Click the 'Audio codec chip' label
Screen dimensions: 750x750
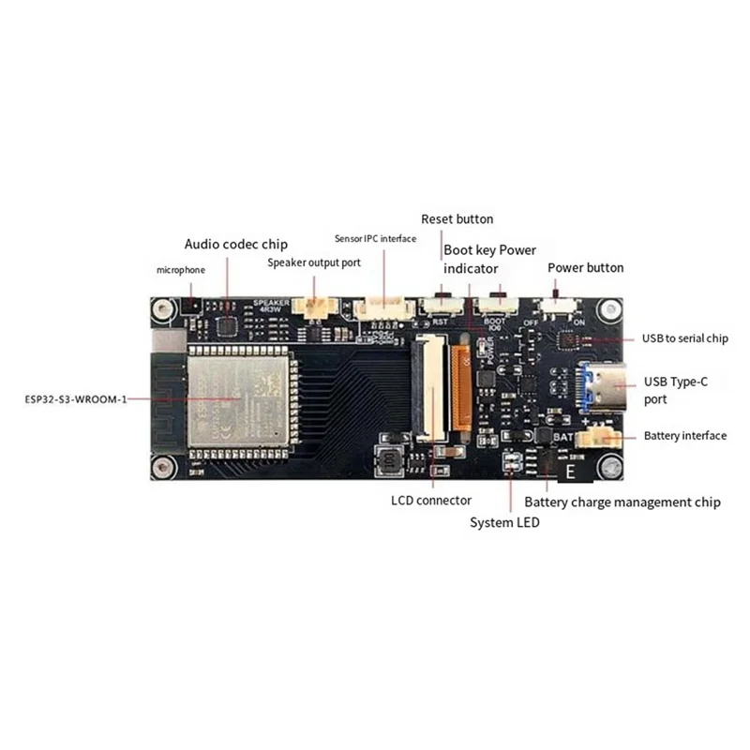coord(236,244)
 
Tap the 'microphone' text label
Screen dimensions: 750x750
coord(180,270)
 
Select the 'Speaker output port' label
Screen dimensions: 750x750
coord(314,262)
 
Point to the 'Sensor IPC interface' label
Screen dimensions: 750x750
coord(375,239)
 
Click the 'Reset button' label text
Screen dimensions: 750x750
coord(457,219)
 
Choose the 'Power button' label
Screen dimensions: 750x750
coord(585,267)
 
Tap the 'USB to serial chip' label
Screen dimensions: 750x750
coord(684,338)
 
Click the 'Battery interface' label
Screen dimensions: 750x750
coord(684,436)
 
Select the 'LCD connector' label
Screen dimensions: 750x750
coord(431,501)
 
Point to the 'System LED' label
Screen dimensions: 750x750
coord(504,522)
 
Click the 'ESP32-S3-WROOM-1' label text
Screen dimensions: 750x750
coord(76,398)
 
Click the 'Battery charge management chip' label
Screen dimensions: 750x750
coord(622,502)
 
